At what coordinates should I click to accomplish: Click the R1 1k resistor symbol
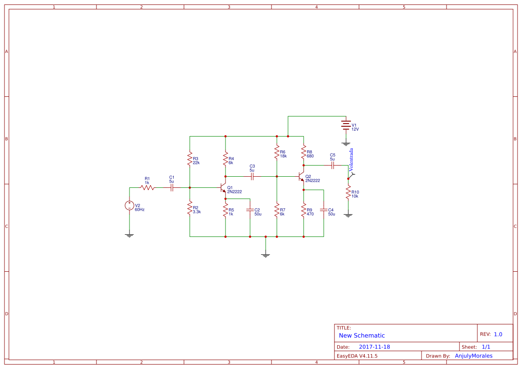(147, 188)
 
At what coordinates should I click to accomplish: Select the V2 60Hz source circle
(129, 206)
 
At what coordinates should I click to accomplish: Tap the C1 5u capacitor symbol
(172, 188)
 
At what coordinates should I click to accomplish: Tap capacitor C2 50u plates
(250, 209)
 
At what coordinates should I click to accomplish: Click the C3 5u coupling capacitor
(252, 177)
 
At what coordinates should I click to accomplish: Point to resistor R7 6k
(277, 209)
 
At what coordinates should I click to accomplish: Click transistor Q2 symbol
(301, 177)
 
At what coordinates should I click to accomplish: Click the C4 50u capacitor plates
(324, 209)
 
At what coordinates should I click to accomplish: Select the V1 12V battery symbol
(346, 125)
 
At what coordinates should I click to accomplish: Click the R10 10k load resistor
(348, 193)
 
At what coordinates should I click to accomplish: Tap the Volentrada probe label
(351, 160)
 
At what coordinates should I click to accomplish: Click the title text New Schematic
(362, 336)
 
